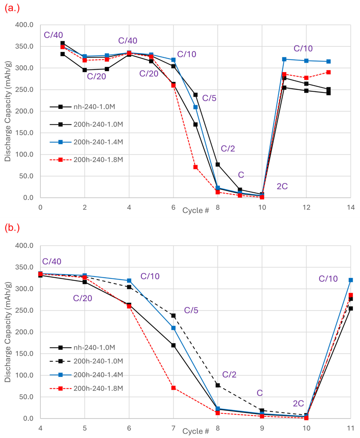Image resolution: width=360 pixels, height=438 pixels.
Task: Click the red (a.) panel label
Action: coord(12,8)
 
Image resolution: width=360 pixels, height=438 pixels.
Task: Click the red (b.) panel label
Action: coord(12,228)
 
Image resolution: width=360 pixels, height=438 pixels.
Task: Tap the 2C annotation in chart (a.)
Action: coord(282,186)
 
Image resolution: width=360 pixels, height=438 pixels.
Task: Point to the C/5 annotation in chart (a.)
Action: coord(209,98)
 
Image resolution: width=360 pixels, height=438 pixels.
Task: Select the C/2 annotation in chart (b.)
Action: coord(229,374)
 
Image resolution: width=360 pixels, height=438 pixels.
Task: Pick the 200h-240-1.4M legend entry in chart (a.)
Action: coord(86,142)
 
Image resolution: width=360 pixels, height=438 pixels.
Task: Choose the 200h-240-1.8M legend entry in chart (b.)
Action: coord(86,388)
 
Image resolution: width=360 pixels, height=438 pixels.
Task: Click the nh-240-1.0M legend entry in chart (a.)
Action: coord(82,107)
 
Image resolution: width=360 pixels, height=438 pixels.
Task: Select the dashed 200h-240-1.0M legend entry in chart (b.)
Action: coord(86,361)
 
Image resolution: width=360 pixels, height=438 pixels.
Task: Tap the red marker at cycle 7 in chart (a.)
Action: coord(195,167)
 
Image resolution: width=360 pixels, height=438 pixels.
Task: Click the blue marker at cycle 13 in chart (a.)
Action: coord(329,61)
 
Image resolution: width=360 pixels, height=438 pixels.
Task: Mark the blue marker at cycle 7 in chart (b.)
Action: coord(173,328)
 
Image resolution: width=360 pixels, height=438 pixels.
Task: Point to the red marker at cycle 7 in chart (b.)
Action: coord(173,388)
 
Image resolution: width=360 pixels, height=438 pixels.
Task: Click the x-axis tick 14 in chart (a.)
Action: coord(351,207)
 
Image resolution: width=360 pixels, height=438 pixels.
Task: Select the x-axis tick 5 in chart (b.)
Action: coord(85,428)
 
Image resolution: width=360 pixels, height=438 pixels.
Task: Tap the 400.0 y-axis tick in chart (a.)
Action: coord(24,25)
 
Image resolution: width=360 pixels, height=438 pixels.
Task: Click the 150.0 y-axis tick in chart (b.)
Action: coord(24,354)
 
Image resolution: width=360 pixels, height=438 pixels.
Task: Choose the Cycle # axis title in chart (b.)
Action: coord(196,431)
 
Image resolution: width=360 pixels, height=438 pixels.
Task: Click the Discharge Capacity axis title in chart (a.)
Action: coord(8,111)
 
